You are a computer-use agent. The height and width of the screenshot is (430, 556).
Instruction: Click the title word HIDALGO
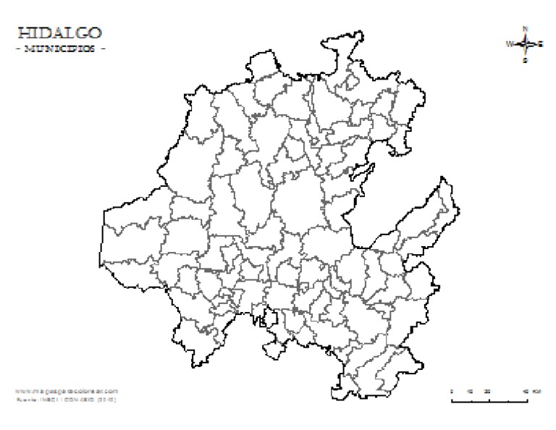tap(58, 33)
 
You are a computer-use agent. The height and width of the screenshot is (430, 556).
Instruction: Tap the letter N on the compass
tap(526, 28)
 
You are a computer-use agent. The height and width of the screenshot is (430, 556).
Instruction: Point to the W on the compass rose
tap(509, 44)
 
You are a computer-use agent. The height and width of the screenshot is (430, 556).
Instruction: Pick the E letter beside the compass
tap(542, 44)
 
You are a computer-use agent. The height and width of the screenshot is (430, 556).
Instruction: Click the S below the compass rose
tap(526, 61)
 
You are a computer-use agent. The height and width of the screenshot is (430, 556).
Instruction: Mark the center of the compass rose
tap(526, 44)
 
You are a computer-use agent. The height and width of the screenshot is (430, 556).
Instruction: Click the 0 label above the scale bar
tap(452, 391)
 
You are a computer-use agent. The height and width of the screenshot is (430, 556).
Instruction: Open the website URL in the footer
tap(66, 391)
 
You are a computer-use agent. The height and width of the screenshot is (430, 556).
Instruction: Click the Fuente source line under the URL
tap(66, 398)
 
